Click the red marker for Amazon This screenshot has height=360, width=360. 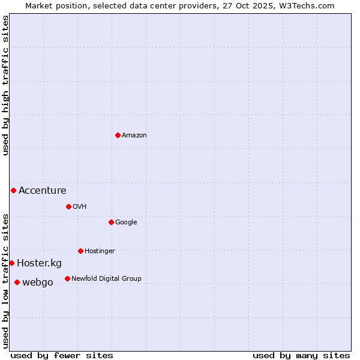118,135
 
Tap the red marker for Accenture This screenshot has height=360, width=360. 13,190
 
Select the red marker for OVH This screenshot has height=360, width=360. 68,206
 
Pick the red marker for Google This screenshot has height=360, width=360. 111,222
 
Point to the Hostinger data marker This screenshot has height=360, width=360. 80,251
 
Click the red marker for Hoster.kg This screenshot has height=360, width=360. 11,263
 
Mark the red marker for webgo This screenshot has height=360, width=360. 17,282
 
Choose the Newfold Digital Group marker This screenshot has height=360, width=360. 67,278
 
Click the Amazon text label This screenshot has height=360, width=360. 134,136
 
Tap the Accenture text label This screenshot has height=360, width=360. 43,191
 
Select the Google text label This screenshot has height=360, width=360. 126,223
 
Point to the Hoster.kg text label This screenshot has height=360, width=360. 39,263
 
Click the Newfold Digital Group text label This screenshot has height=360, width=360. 106,278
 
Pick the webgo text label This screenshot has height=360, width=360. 38,283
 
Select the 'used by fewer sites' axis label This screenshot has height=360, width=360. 62,355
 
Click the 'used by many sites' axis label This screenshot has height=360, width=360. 301,355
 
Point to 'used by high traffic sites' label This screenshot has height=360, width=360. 5,85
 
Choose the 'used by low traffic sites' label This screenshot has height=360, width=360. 5,280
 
